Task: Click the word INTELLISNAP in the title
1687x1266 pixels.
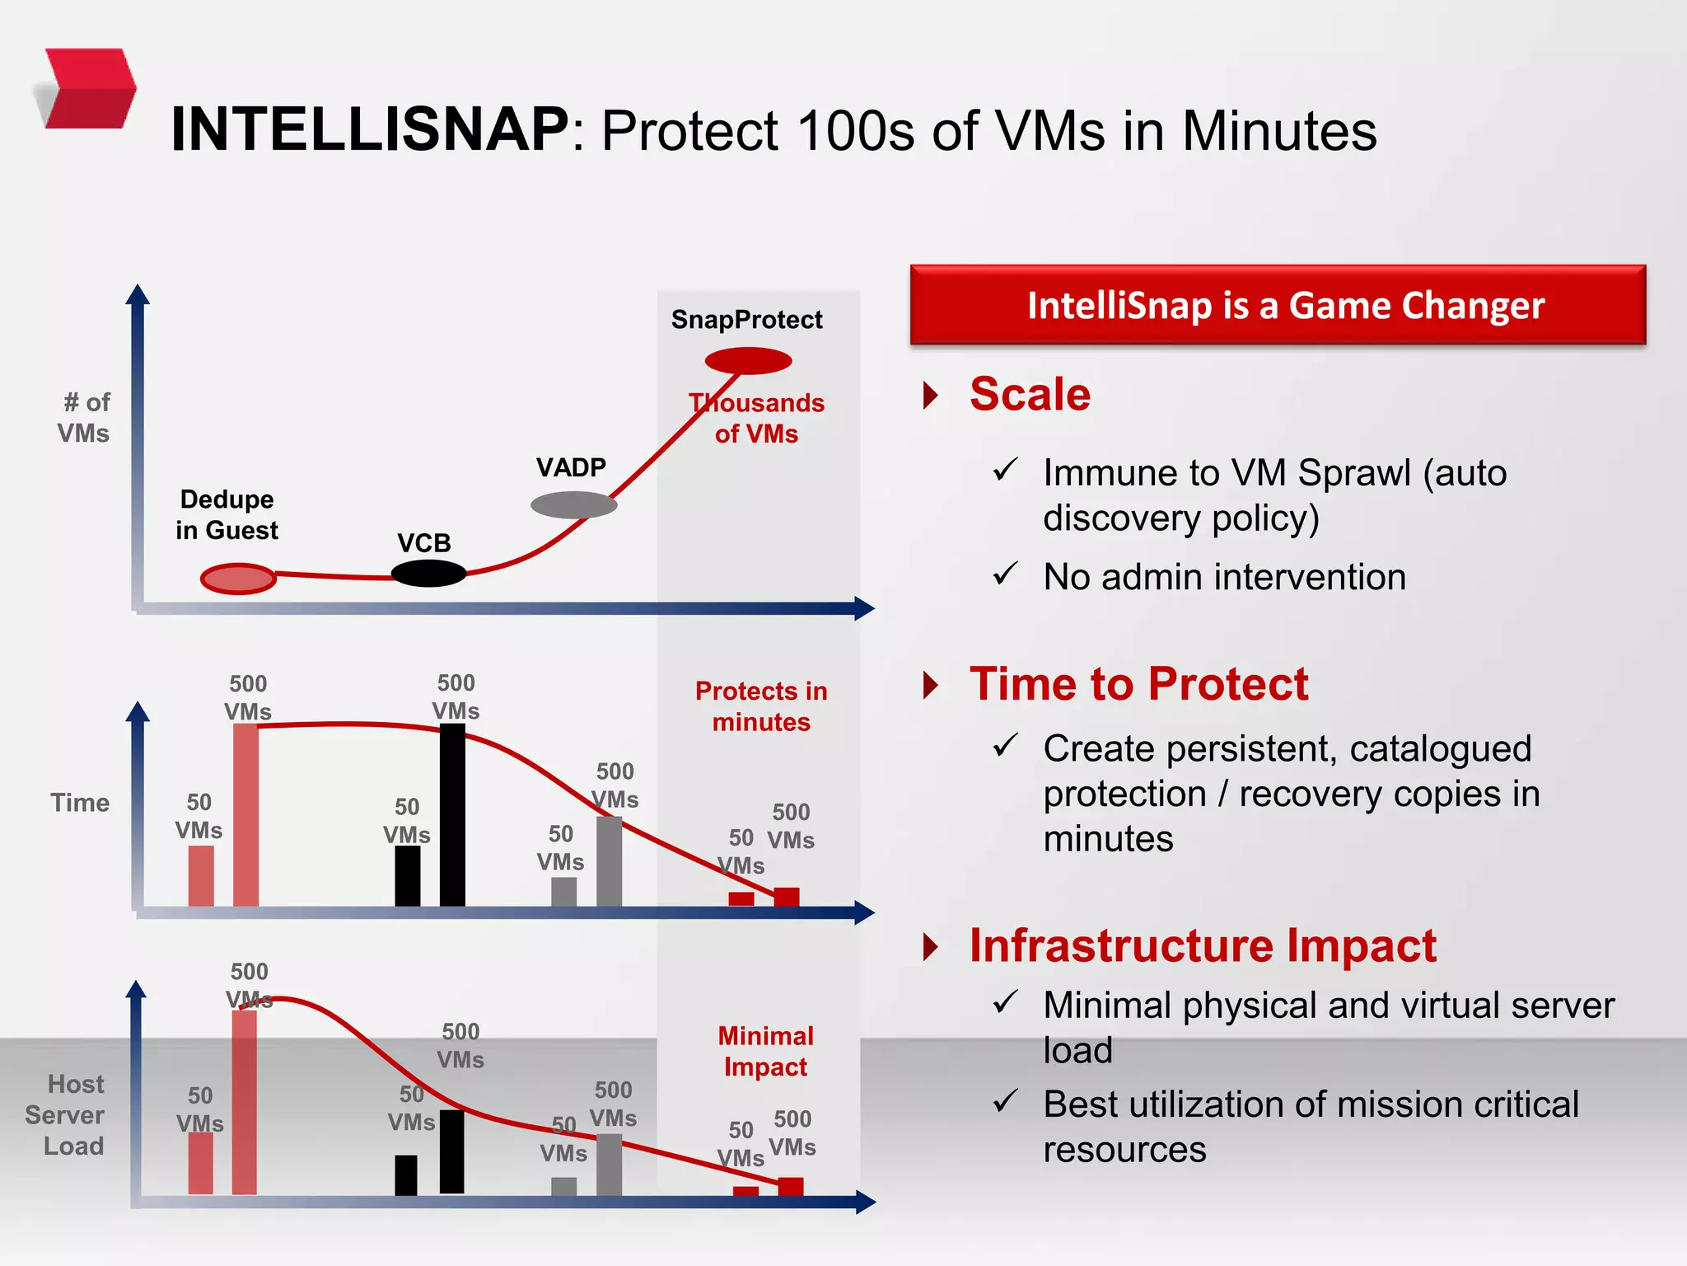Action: tap(369, 130)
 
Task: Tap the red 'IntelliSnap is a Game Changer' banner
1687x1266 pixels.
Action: tap(1278, 305)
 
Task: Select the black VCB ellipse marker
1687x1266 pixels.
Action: tap(428, 573)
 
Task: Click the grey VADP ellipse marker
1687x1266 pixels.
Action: tap(573, 504)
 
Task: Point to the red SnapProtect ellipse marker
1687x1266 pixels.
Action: tap(748, 360)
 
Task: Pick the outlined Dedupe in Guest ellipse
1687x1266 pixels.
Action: tap(238, 579)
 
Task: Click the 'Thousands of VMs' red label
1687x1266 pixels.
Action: tap(756, 418)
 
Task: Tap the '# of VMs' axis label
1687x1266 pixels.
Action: tap(84, 418)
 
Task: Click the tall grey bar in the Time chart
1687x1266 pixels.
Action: tap(609, 860)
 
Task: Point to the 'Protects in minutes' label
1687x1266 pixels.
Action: tap(761, 706)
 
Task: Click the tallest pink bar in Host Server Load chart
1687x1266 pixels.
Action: tap(245, 1101)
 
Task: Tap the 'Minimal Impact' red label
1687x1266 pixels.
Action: tap(765, 1051)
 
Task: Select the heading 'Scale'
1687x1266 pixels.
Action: tap(1030, 394)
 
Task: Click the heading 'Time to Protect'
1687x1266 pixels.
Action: tap(1138, 684)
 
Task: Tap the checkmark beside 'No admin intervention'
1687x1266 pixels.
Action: tap(1005, 573)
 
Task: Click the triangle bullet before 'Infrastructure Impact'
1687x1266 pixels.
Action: tap(931, 946)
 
